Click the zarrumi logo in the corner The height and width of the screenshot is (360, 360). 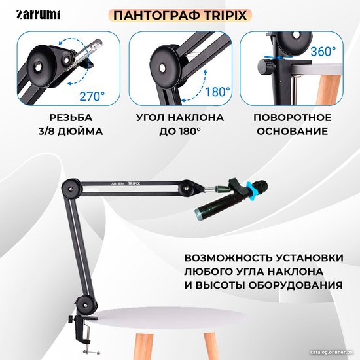[x=38, y=15]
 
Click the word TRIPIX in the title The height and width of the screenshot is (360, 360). [x=225, y=16]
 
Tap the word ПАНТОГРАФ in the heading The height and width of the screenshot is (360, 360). [x=156, y=16]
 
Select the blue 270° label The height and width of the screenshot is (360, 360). [x=92, y=96]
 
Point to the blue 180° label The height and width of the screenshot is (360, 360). [x=217, y=92]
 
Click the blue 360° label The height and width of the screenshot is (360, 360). [x=323, y=51]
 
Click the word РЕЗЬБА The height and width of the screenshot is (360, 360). [x=71, y=118]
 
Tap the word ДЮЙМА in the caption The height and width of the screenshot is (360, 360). [x=80, y=131]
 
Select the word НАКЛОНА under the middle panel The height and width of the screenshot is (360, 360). [x=196, y=118]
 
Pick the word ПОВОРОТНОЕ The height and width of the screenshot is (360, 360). [x=293, y=118]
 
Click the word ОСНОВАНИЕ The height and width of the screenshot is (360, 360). [x=293, y=131]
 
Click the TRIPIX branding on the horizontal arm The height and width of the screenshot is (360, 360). [x=134, y=183]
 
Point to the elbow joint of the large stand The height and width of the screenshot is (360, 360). [x=71, y=189]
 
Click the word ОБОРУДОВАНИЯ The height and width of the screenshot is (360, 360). [x=296, y=285]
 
